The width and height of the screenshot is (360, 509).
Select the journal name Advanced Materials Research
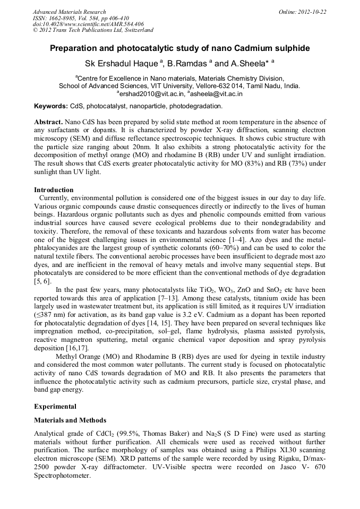coord(70,12)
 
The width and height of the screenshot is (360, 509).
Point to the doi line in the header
coord(88,24)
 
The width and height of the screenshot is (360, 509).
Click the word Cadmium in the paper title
coord(244,48)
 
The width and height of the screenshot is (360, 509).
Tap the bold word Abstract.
coord(49,122)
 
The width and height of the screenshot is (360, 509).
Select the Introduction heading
coord(54,189)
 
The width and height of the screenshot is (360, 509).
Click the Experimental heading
coord(55,407)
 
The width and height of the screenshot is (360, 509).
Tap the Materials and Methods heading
coord(70,420)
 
